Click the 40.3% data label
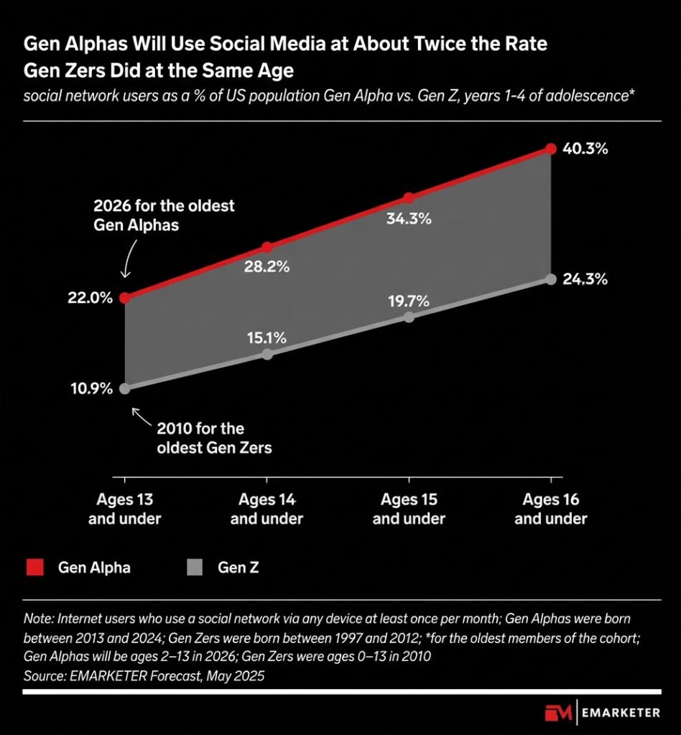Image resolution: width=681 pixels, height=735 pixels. coord(585,149)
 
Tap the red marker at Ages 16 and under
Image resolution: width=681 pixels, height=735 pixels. coord(551,149)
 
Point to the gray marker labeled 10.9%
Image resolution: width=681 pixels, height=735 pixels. coord(125,388)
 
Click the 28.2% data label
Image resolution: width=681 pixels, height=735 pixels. coord(267,268)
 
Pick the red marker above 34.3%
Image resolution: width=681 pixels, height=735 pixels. coord(409,197)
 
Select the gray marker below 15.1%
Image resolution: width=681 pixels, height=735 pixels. coord(267,354)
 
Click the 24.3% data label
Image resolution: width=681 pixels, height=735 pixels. coord(585,279)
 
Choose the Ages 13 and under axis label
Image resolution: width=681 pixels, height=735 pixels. coord(125,509)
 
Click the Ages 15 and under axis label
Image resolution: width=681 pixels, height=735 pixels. coord(409,509)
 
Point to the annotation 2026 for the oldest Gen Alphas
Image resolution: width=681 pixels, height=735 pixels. coord(164,214)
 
